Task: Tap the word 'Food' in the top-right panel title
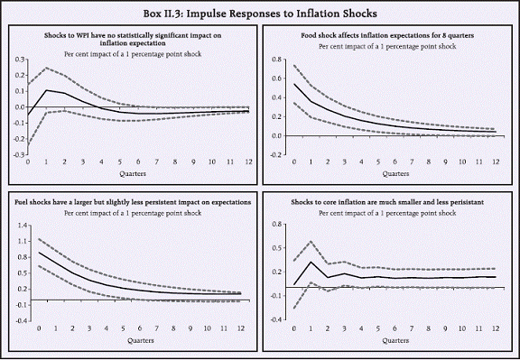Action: pyautogui.click(x=306, y=34)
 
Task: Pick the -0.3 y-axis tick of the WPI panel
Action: pyautogui.click(x=16, y=154)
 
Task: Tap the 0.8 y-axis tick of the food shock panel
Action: pyautogui.click(x=277, y=59)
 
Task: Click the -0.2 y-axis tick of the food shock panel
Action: pyautogui.click(x=276, y=154)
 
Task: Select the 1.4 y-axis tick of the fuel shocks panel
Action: pyautogui.click(x=17, y=226)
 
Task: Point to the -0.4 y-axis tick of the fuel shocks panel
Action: pyautogui.click(x=16, y=320)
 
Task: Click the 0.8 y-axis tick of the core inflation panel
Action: pyautogui.click(x=277, y=226)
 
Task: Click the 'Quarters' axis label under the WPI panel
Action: pyautogui.click(x=136, y=174)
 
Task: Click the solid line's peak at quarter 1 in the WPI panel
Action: pyautogui.click(x=46, y=90)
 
